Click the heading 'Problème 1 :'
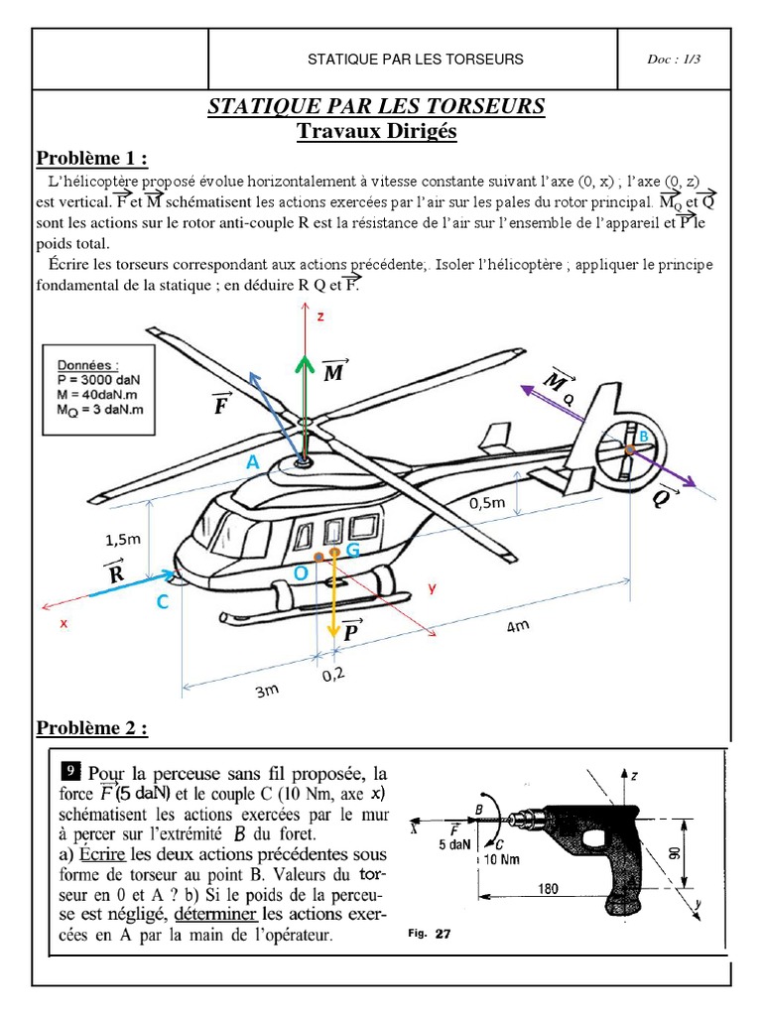coord(92,160)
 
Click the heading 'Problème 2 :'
coord(92,729)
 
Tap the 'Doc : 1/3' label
coord(675,60)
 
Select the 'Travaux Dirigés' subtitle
coord(376,131)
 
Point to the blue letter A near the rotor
coord(253,462)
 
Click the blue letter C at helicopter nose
coord(161,602)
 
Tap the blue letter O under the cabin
coord(301,573)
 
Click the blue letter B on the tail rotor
coord(643,437)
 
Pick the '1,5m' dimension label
coord(124,540)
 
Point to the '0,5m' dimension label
coord(487,503)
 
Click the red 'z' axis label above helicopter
coord(320,317)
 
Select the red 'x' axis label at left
coord(63,623)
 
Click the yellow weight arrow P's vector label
coord(351,629)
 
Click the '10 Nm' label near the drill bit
coord(502,858)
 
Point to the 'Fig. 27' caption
coord(430,934)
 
